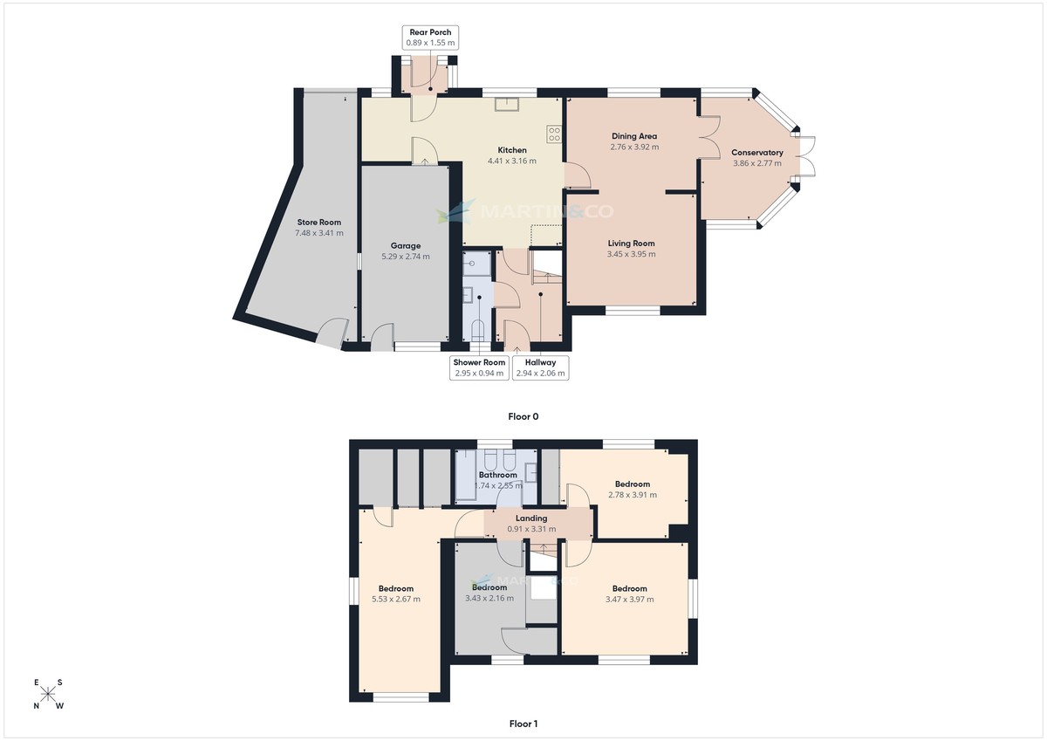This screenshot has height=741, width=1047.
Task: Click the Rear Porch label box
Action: [x=430, y=38]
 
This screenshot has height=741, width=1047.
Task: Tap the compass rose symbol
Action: [x=49, y=695]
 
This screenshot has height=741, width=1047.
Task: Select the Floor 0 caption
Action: [x=523, y=416]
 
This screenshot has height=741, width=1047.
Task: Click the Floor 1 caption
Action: [x=523, y=724]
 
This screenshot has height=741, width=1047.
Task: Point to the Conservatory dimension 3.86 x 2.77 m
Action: [x=757, y=163]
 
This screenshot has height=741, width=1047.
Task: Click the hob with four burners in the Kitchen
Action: [x=554, y=134]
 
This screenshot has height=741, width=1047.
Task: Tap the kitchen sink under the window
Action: [x=507, y=105]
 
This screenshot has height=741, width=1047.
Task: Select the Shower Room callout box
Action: [x=479, y=367]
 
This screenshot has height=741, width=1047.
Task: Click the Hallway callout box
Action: [x=541, y=367]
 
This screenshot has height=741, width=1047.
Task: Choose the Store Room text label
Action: [x=318, y=223]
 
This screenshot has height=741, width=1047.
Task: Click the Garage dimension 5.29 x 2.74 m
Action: [x=406, y=257]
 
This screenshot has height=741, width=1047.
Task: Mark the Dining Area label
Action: [x=634, y=136]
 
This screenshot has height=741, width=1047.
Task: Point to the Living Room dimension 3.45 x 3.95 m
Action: [x=631, y=254]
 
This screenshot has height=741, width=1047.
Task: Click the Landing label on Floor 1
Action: [x=531, y=518]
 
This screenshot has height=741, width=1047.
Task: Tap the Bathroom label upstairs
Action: [x=498, y=475]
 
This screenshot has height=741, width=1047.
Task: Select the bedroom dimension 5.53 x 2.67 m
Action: [x=396, y=600]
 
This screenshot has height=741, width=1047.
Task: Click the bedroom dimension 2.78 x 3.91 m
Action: [x=633, y=495]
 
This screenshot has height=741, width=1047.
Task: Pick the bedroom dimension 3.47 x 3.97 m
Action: [x=629, y=600]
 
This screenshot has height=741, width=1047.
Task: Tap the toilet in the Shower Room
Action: [x=476, y=330]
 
